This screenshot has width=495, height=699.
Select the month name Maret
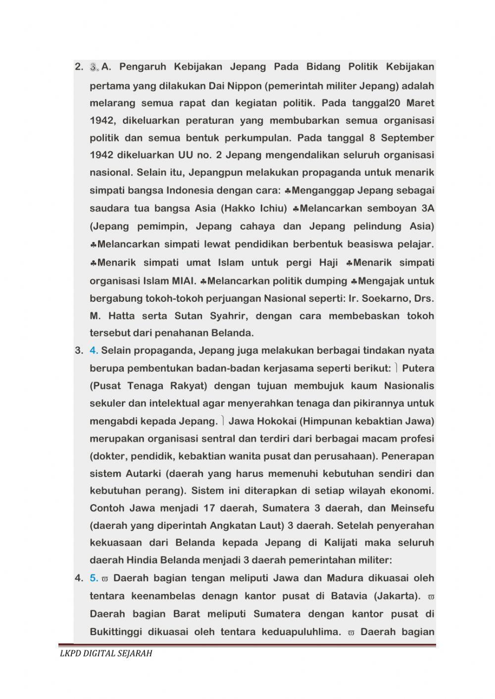[x=420, y=103]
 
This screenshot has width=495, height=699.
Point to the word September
[x=407, y=138]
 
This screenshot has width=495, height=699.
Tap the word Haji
[x=327, y=263]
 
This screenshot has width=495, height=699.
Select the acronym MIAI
[x=183, y=281]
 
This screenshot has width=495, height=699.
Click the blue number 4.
[x=94, y=351]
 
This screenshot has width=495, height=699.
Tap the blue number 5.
[x=94, y=578]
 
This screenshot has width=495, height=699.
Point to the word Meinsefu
[x=412, y=508]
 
